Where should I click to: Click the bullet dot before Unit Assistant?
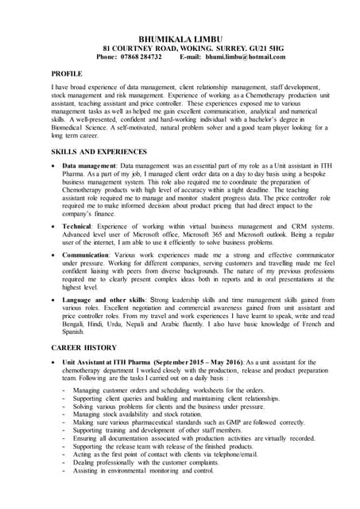coord(53,363)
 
